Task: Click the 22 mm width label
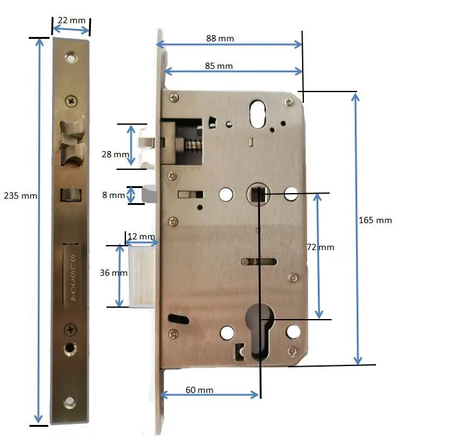(71, 21)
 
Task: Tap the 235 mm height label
(21, 196)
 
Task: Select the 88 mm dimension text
(220, 38)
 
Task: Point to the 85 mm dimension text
(218, 66)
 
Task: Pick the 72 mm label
(321, 247)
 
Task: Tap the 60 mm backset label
(199, 390)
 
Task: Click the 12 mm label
(140, 236)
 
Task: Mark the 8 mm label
(113, 195)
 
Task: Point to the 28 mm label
(115, 154)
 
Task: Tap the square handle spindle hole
(257, 194)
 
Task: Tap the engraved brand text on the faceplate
(73, 280)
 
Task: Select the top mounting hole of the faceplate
(70, 58)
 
